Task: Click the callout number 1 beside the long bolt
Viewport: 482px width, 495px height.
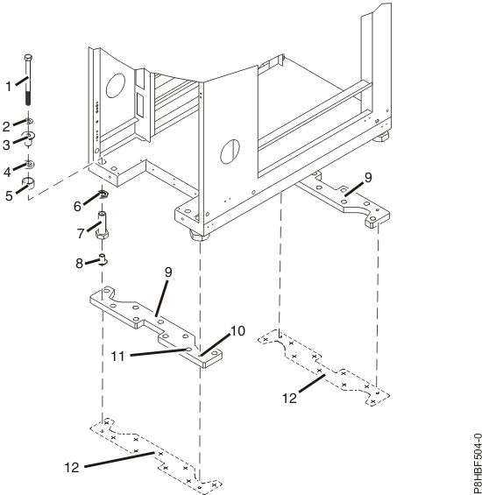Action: (9, 86)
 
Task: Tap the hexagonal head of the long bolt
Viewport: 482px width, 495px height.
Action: (28, 58)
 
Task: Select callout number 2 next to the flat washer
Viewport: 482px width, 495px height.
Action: (6, 126)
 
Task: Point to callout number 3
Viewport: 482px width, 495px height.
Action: (6, 145)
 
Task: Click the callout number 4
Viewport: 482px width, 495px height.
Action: (7, 172)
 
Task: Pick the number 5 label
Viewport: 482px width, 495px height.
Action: (9, 195)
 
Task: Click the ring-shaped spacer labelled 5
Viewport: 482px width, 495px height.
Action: (28, 183)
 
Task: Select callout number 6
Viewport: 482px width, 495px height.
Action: (77, 207)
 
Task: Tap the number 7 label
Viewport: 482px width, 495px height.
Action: (81, 234)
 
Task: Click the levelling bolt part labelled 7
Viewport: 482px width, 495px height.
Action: (102, 226)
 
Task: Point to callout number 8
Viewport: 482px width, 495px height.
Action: (79, 263)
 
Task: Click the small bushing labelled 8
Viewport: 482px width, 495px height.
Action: (103, 258)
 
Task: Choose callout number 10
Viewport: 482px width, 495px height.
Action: (237, 331)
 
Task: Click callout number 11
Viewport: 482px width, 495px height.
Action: (117, 357)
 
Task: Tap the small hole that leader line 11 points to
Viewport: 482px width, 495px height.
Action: (188, 349)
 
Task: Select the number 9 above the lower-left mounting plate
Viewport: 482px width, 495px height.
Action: (168, 272)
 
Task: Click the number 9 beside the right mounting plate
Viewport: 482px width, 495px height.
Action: (368, 178)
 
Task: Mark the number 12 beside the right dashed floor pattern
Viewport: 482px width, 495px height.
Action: (290, 399)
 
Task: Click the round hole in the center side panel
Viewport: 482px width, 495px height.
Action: (230, 152)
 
